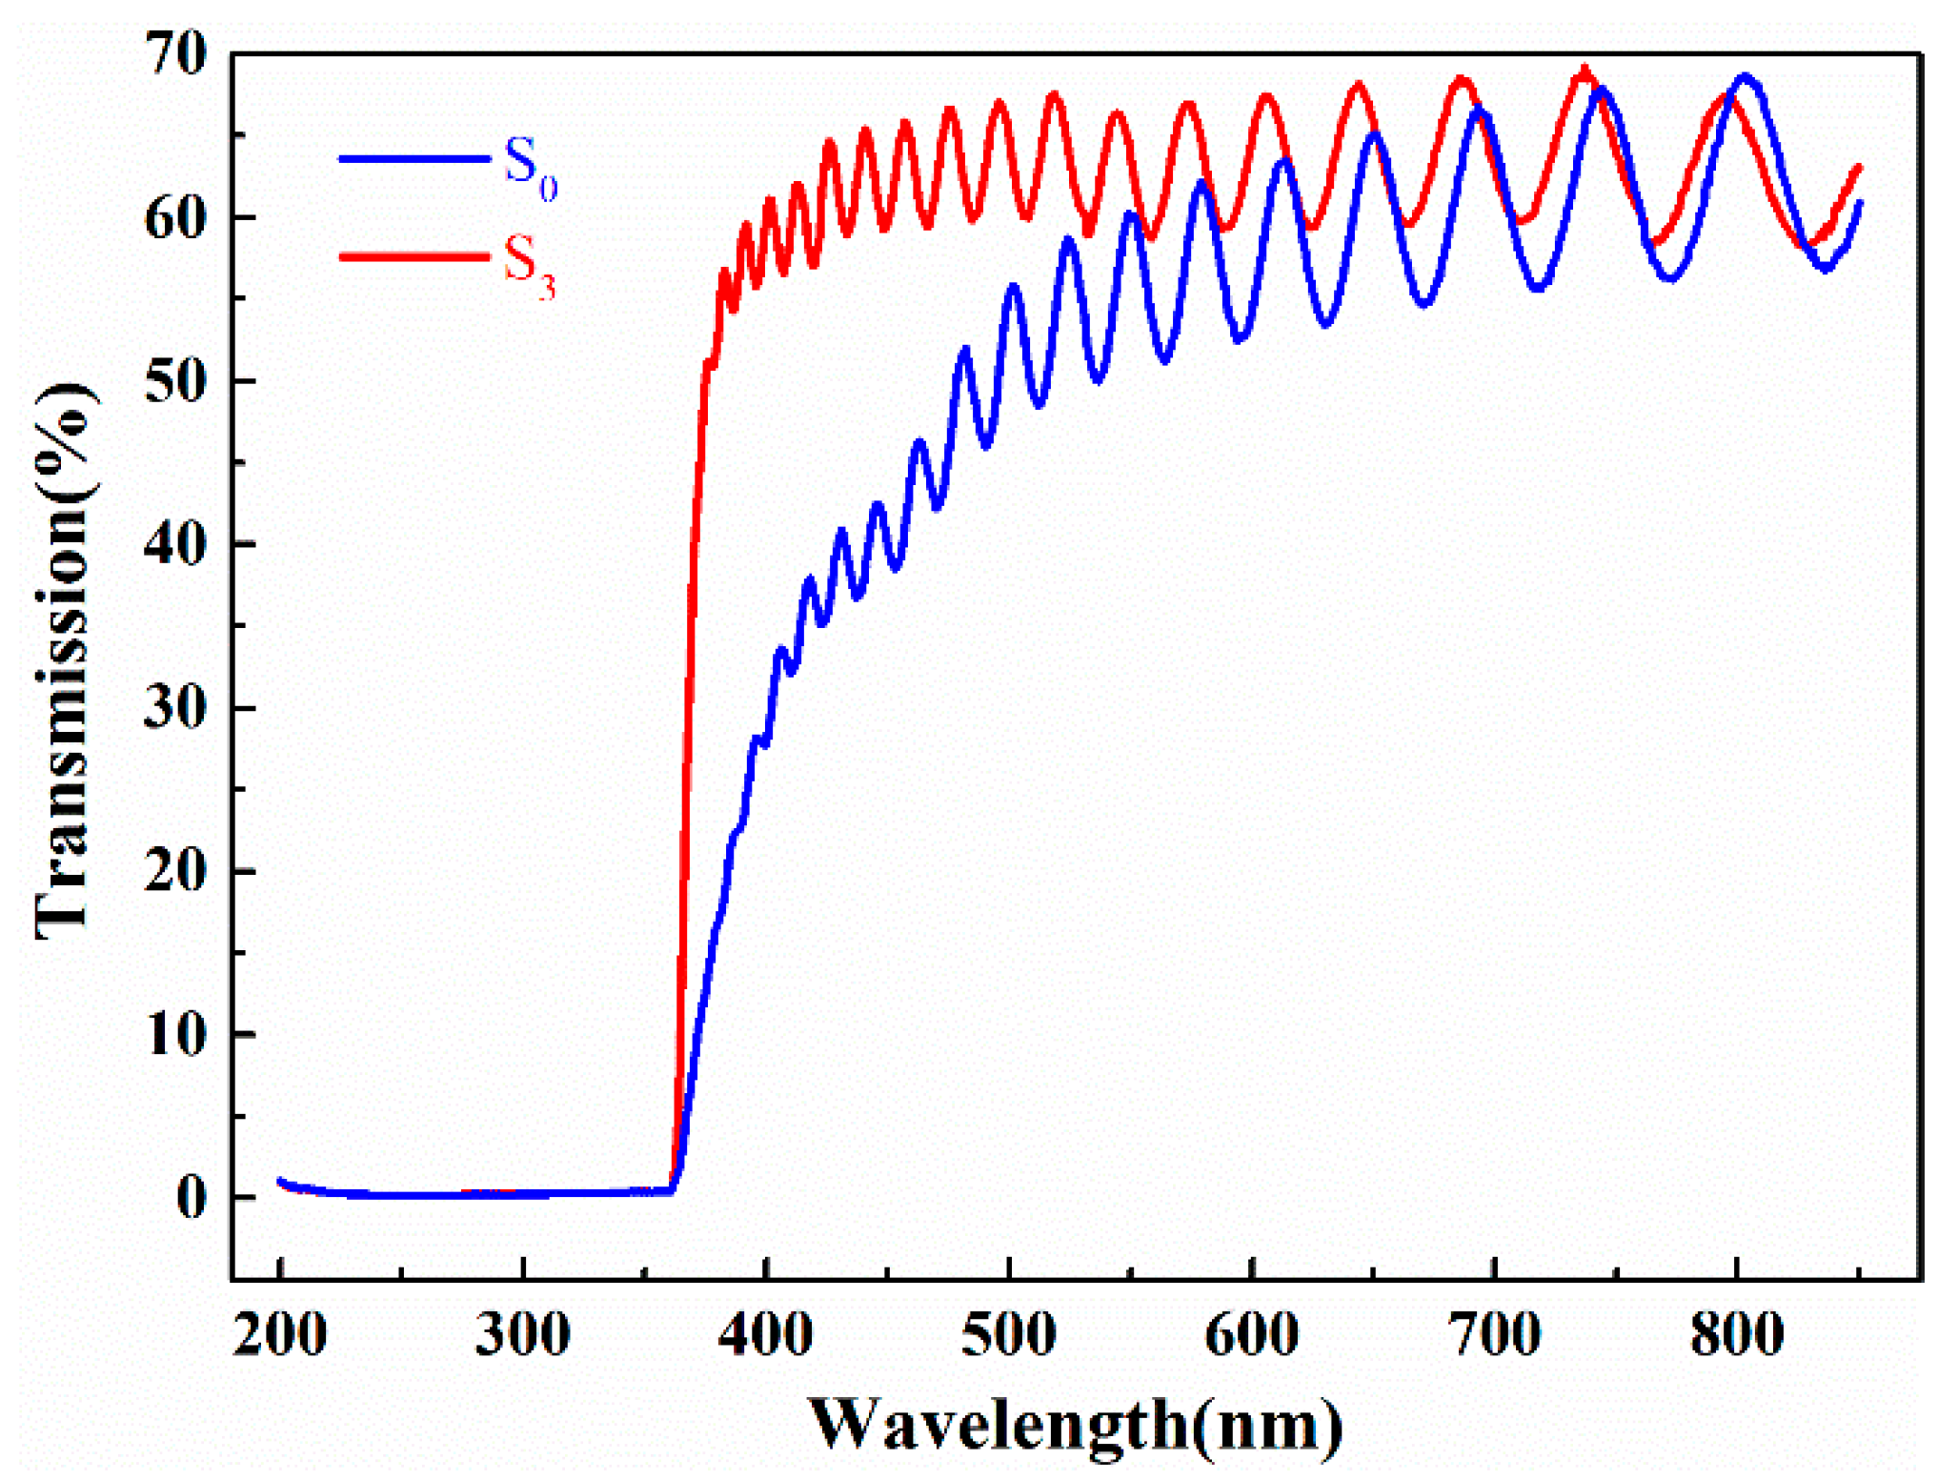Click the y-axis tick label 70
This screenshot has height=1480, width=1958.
pos(175,54)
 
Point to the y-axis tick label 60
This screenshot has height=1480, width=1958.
pos(175,218)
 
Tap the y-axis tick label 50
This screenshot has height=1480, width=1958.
pos(175,382)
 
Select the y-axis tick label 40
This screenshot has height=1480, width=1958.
pos(175,545)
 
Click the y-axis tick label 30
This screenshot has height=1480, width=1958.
pos(175,709)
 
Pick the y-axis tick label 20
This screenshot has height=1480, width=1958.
pos(175,872)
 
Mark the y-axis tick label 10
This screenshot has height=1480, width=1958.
pos(175,1035)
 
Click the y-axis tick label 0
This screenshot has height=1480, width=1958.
pos(192,1198)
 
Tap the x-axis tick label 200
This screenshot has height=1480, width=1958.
pos(280,1334)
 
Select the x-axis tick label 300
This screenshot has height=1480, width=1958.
pos(523,1334)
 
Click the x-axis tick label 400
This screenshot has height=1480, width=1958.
pos(766,1334)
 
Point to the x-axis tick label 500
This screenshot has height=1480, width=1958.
pos(1009,1334)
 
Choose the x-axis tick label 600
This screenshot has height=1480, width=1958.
pos(1252,1334)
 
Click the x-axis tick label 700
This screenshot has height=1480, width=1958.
pos(1495,1334)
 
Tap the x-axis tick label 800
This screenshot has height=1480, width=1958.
pos(1738,1334)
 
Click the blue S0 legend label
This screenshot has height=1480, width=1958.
pos(530,168)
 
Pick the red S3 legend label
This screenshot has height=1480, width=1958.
pos(529,266)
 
